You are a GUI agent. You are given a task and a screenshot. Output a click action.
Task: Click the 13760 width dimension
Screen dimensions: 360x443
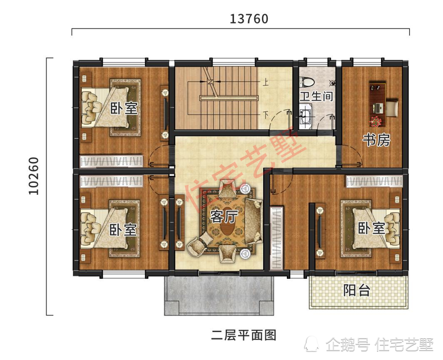click(249, 19)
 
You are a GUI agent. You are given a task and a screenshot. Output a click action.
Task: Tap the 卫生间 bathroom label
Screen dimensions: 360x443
click(316, 97)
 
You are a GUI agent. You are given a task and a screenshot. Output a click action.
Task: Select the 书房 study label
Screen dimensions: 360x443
click(376, 140)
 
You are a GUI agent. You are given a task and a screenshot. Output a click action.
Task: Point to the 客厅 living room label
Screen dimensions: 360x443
click(224, 217)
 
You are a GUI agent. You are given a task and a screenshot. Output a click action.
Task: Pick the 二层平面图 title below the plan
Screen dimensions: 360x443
click(244, 335)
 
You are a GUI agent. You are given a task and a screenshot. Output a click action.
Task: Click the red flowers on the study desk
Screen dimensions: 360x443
click(376, 121)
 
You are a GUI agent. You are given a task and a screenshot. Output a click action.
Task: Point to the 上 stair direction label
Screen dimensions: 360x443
click(264, 83)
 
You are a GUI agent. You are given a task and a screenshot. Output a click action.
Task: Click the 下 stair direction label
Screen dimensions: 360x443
click(264, 115)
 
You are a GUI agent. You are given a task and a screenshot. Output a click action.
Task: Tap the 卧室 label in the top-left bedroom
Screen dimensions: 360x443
click(124, 108)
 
